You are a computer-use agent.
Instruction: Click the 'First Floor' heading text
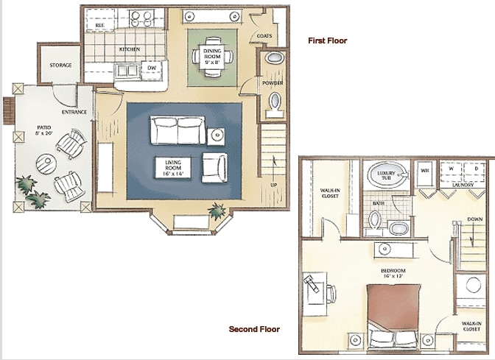pyautogui.click(x=328, y=41)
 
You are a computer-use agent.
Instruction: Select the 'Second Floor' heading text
pyautogui.click(x=254, y=329)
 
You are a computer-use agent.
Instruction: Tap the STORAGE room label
pyautogui.click(x=60, y=66)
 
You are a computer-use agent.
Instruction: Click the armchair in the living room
pyautogui.click(x=214, y=167)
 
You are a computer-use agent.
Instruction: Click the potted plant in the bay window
pyautogui.click(x=217, y=211)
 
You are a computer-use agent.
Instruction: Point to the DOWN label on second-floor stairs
pyautogui.click(x=475, y=219)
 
